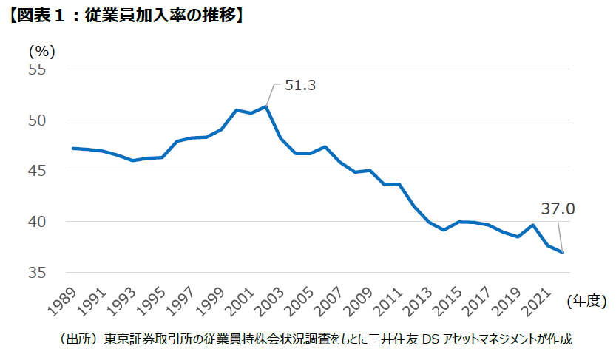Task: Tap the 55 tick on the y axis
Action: click(x=38, y=69)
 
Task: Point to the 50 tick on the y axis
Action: click(x=38, y=120)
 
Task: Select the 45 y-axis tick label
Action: click(x=38, y=171)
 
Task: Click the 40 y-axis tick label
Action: click(x=38, y=222)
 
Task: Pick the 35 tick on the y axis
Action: click(x=38, y=273)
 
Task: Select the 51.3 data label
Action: click(x=300, y=86)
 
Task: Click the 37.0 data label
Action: click(x=559, y=210)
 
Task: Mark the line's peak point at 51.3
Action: click(x=265, y=106)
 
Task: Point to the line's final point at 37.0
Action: click(x=563, y=253)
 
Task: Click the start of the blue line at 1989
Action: click(x=72, y=148)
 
